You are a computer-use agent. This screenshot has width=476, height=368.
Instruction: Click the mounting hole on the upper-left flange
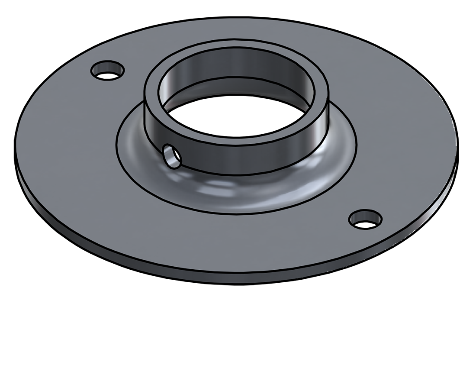(x=108, y=70)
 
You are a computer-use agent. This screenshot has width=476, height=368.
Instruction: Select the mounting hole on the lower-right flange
(x=366, y=219)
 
